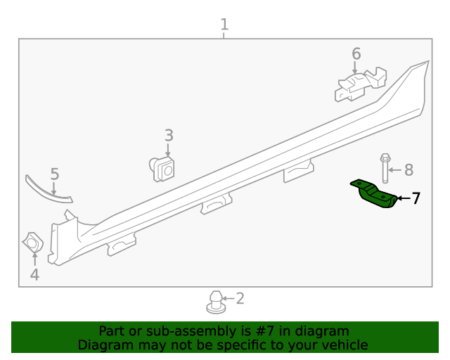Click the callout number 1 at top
224,25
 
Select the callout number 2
240,299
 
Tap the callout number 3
169,135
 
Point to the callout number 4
34,275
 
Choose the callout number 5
54,174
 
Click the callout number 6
356,54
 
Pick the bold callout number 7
416,198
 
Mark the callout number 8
409,169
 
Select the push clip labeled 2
214,303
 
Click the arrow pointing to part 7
402,198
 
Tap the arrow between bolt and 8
396,169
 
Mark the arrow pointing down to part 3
168,150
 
